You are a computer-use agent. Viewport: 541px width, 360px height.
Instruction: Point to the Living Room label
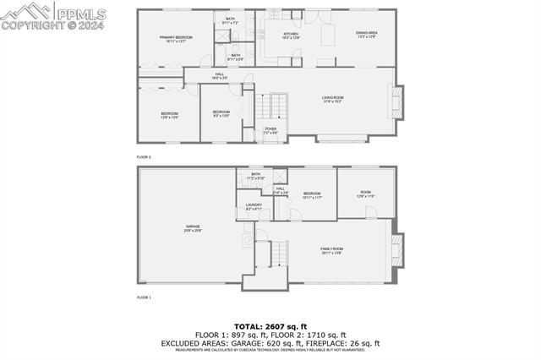click(x=332, y=101)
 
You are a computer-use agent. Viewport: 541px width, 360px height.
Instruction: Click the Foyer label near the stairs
click(x=270, y=131)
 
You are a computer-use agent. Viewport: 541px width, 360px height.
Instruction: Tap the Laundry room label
click(x=254, y=207)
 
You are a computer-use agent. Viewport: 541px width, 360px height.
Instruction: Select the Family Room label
click(x=331, y=250)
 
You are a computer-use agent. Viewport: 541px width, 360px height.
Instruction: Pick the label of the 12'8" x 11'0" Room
click(x=366, y=194)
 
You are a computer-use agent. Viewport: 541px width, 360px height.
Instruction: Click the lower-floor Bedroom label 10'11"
click(x=313, y=195)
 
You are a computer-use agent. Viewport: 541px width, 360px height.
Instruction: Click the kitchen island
click(x=327, y=36)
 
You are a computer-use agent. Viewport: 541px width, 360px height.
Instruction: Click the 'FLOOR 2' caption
click(x=144, y=157)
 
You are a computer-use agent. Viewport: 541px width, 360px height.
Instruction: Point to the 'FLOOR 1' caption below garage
click(x=144, y=297)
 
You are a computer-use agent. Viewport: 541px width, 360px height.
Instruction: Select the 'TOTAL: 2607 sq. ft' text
click(x=270, y=326)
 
